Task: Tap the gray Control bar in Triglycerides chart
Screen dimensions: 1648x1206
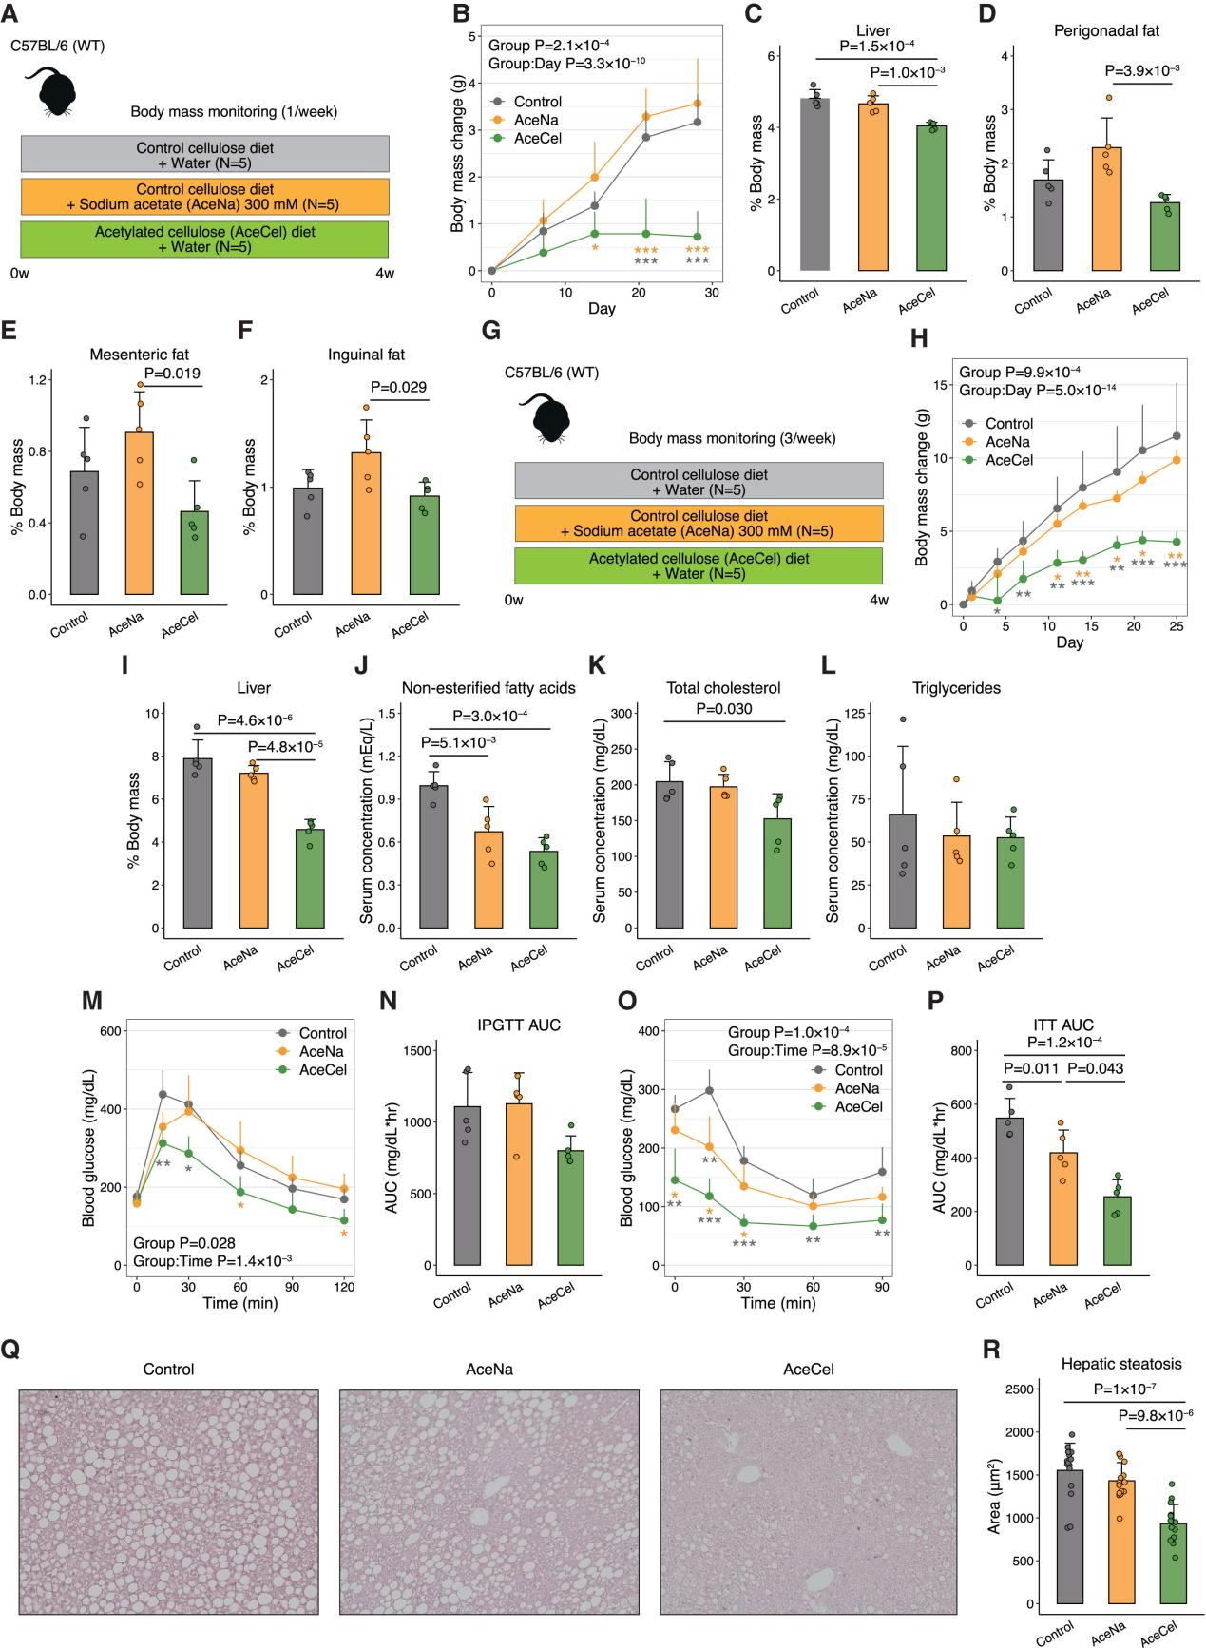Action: (x=903, y=874)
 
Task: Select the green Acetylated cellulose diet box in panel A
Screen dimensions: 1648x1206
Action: (x=204, y=239)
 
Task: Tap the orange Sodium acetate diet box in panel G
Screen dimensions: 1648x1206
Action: (x=699, y=524)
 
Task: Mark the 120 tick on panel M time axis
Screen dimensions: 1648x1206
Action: (x=344, y=1286)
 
